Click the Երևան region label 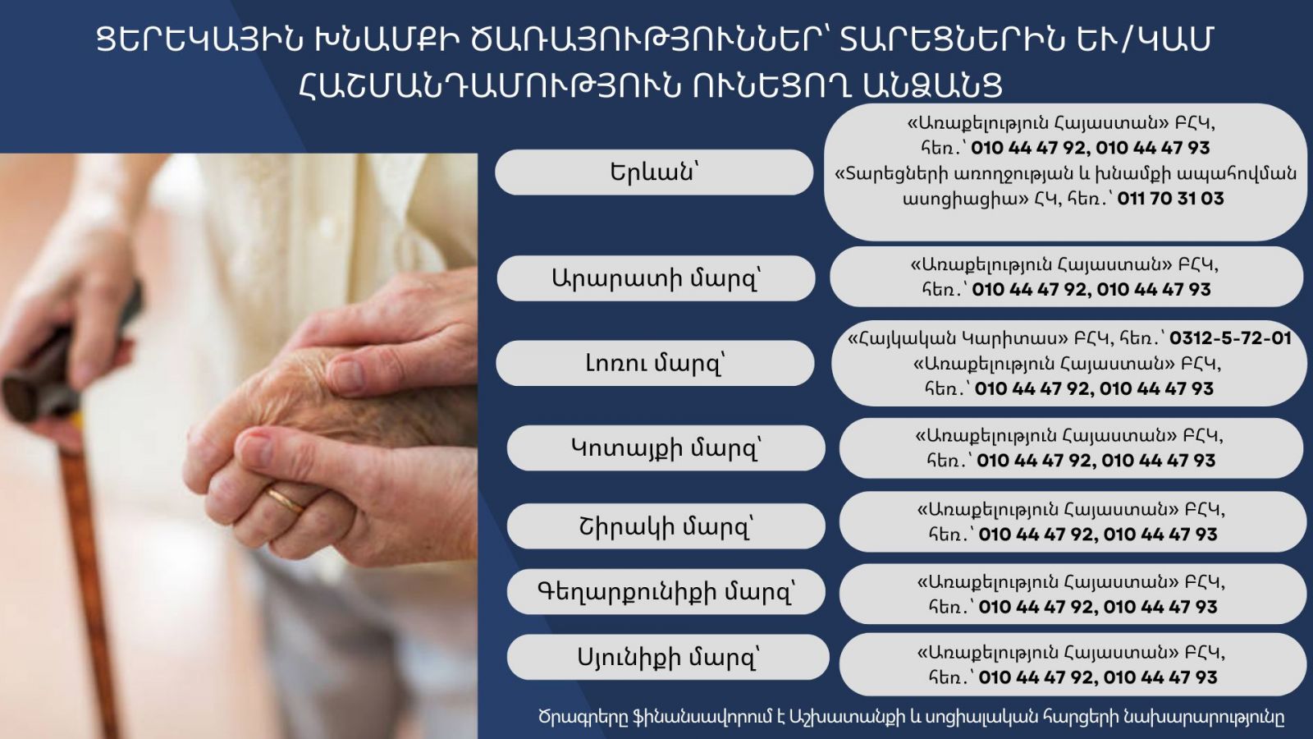[x=654, y=172]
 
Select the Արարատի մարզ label [x=656, y=278]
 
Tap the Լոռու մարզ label [x=655, y=363]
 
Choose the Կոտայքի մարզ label [x=666, y=448]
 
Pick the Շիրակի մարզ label [x=666, y=526]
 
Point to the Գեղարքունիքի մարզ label [x=666, y=592]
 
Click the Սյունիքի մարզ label [x=668, y=657]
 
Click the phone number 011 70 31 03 [x=1170, y=198]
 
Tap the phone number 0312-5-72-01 [x=1230, y=338]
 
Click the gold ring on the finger [x=286, y=500]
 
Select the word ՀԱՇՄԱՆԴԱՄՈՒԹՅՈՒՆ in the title [x=489, y=86]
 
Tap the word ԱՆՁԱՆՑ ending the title [x=932, y=86]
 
